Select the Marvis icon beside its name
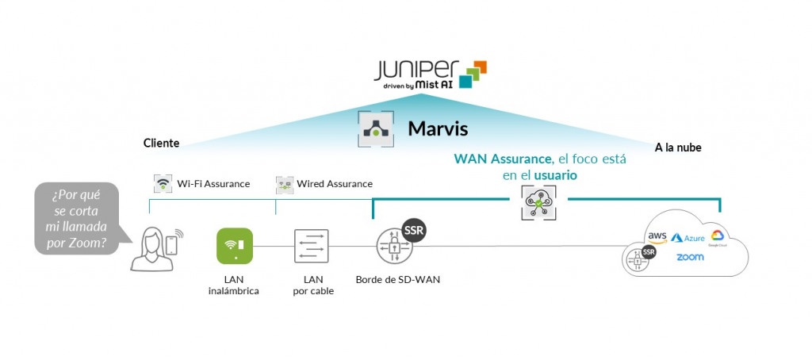[374, 128]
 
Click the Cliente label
[161, 144]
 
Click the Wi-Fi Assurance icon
[163, 184]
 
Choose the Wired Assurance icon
[285, 184]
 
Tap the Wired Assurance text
[335, 184]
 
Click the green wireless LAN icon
[235, 246]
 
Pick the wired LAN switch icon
[311, 246]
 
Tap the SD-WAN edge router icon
[394, 246]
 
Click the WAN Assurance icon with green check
[538, 202]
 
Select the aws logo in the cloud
[657, 236]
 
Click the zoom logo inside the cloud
[690, 257]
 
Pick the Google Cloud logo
[718, 236]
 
